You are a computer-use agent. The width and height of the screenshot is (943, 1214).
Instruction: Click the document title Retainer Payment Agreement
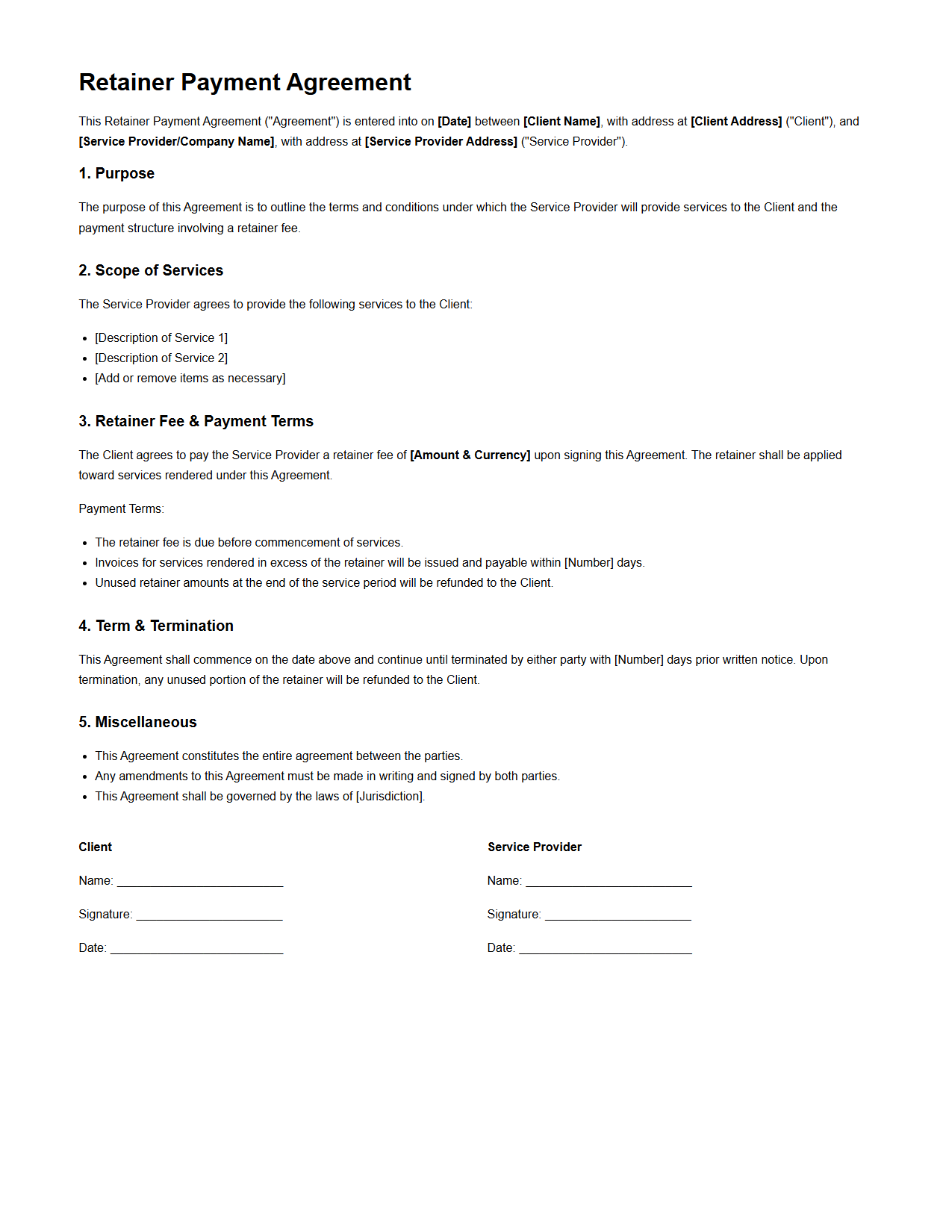click(245, 82)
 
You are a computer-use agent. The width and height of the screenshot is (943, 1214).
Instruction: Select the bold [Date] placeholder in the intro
click(454, 121)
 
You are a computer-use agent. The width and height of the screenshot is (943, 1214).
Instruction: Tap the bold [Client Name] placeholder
click(561, 121)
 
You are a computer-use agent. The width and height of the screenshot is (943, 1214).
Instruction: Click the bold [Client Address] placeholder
click(736, 121)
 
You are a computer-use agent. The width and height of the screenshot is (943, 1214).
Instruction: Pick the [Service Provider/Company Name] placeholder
click(176, 141)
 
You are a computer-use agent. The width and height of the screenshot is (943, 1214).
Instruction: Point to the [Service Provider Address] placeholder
click(441, 141)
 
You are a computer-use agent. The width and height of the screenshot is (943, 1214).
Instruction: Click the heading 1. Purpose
click(116, 173)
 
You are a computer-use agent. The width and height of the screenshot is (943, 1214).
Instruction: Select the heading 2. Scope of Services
click(151, 270)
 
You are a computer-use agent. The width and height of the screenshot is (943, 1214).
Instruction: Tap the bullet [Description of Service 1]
click(161, 337)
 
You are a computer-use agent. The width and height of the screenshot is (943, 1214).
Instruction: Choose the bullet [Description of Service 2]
click(161, 358)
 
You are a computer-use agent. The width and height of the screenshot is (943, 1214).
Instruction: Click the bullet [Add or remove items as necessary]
click(190, 378)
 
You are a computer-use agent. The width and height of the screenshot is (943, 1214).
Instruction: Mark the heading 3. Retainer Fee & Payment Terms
click(196, 421)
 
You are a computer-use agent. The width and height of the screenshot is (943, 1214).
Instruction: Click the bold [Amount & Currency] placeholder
click(470, 455)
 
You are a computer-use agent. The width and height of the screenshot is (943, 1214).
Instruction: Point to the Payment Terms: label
click(121, 508)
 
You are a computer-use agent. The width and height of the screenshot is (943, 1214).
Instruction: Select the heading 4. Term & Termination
click(156, 626)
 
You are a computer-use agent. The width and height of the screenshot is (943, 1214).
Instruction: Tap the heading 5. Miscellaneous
click(137, 722)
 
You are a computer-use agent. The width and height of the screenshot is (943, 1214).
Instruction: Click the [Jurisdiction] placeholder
click(390, 796)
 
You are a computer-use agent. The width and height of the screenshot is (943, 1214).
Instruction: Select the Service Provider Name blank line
click(609, 883)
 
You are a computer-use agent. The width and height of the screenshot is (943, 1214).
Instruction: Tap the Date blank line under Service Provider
click(606, 950)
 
